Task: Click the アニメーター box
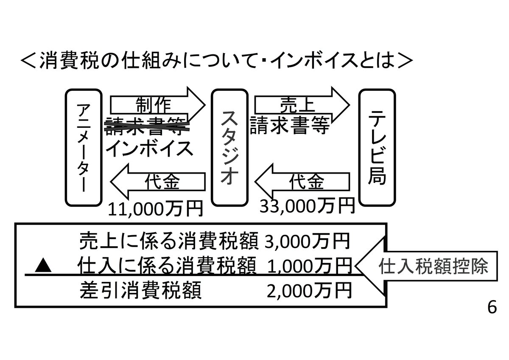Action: click(x=84, y=146)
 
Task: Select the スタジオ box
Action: click(x=229, y=146)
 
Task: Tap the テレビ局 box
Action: click(x=377, y=146)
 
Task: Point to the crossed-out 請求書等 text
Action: click(x=147, y=126)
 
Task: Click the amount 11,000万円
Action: click(x=155, y=208)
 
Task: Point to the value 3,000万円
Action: click(x=308, y=242)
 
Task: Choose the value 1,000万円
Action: click(x=310, y=266)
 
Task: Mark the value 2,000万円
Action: click(x=310, y=291)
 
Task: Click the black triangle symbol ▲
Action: click(x=43, y=267)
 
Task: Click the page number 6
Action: click(x=492, y=307)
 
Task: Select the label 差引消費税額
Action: click(x=140, y=291)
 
